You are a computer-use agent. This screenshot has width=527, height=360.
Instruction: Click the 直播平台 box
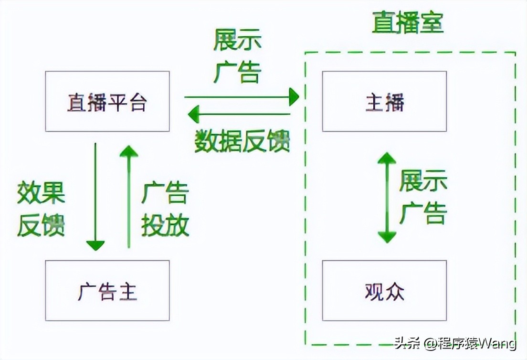pos(107,101)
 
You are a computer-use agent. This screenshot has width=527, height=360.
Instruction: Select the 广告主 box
pos(107,290)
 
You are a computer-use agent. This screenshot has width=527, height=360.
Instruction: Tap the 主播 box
pos(384,101)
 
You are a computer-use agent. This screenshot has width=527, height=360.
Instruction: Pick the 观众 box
pos(384,290)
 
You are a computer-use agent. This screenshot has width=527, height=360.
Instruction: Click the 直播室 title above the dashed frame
pos(408,23)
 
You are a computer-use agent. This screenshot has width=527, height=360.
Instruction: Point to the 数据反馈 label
pos(242,141)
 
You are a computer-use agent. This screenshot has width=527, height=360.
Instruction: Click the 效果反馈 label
pos(41,209)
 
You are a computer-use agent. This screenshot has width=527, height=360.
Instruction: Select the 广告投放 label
pos(165,209)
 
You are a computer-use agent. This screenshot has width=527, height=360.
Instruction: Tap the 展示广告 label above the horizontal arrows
pos(237,56)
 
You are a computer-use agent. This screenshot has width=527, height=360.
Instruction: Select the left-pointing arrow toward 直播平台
pos(239,114)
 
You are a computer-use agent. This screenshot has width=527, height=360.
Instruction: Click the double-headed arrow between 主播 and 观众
pos(387,197)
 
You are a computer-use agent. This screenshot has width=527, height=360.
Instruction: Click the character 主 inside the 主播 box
pos(374,102)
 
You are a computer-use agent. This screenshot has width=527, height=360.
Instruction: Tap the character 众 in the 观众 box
pos(395,291)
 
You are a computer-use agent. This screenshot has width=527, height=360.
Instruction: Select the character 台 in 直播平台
pos(137,102)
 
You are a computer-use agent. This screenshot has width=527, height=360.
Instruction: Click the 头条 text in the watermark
pos(405,343)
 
